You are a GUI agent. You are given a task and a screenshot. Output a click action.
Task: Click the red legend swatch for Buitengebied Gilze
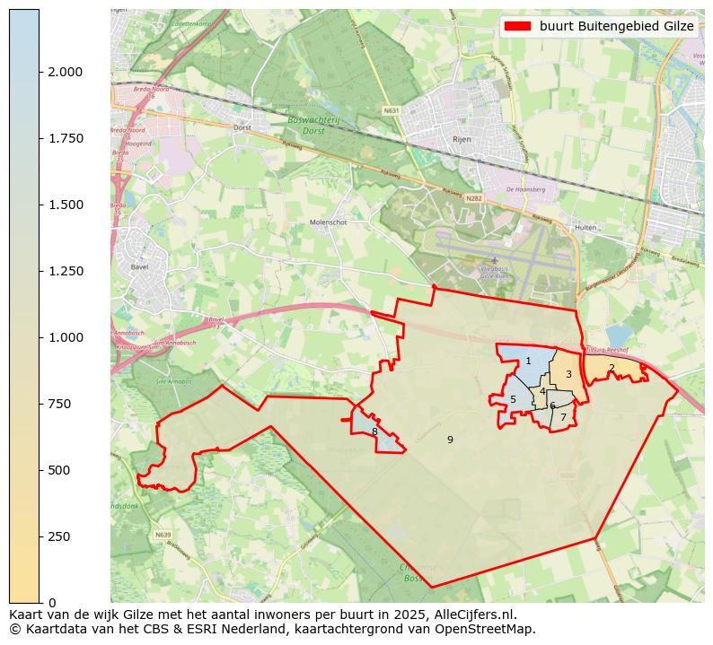tap(518, 26)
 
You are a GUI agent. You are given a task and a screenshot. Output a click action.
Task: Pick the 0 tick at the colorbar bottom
tap(52, 603)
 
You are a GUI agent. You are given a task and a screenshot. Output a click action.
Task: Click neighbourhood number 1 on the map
tap(528, 362)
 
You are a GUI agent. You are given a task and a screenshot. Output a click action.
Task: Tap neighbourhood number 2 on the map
tap(612, 368)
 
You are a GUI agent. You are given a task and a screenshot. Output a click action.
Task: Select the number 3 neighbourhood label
tap(568, 374)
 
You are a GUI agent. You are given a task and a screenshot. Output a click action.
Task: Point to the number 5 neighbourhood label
tap(513, 400)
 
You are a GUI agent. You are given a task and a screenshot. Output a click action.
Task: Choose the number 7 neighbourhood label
tap(563, 417)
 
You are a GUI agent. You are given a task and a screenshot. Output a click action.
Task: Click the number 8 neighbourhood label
tap(374, 431)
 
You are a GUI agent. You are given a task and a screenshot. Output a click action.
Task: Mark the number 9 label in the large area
tap(450, 440)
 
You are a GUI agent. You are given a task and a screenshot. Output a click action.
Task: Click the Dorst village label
tap(242, 127)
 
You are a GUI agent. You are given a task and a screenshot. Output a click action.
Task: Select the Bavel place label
tap(137, 266)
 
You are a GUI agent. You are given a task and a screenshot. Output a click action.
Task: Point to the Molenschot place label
tap(328, 222)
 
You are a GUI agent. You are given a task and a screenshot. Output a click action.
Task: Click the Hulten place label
tap(585, 228)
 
